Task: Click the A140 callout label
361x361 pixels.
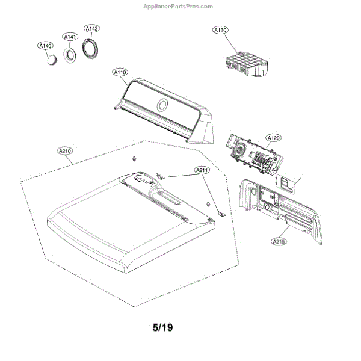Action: click(45, 45)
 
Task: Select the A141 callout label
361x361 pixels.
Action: click(70, 37)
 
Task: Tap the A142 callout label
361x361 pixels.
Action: click(91, 28)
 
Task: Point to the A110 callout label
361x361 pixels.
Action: click(120, 72)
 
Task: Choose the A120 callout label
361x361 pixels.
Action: click(274, 138)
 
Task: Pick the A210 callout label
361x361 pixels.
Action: click(64, 151)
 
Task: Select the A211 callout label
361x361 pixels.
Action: click(202, 171)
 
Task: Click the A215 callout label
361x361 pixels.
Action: click(279, 242)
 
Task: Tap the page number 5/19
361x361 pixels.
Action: click(162, 329)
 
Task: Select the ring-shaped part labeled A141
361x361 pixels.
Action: click(71, 55)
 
